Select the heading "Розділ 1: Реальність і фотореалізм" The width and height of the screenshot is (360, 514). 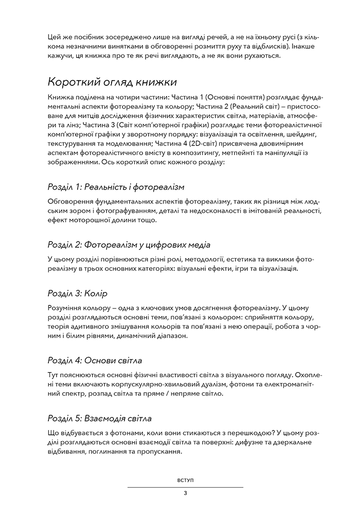(116, 186)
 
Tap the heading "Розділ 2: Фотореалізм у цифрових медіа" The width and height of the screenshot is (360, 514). (129, 244)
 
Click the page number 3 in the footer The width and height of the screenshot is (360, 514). (185, 493)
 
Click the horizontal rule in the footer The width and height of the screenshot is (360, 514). (185, 487)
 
